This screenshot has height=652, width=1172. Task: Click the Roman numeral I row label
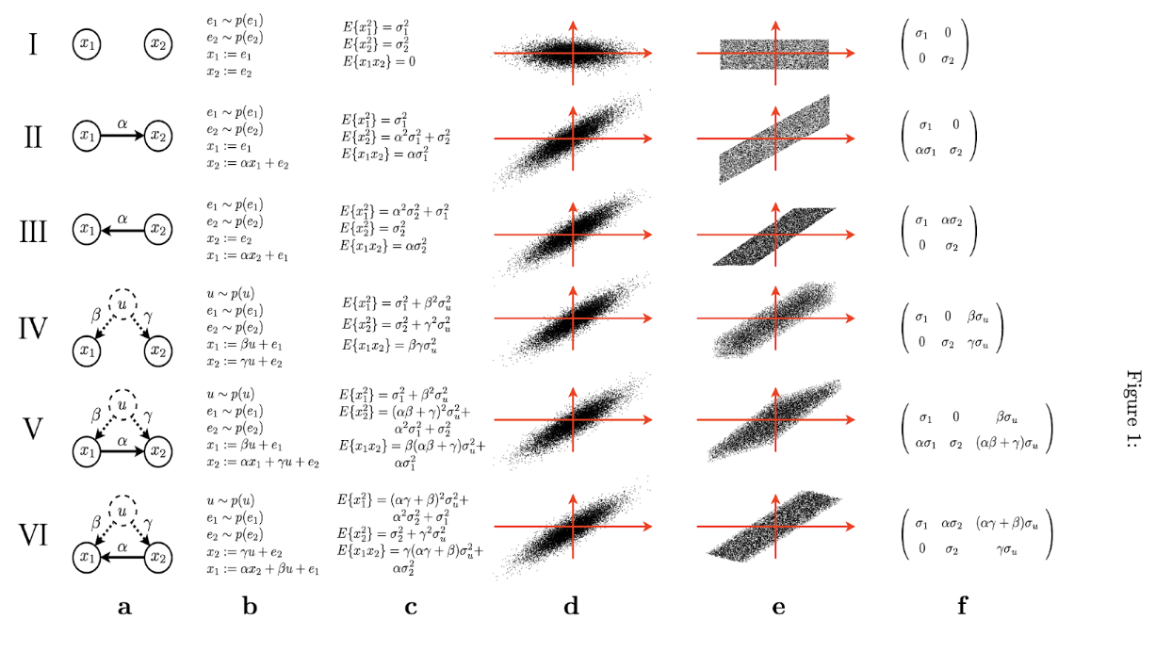pyautogui.click(x=33, y=43)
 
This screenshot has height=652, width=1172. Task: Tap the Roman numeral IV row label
pyautogui.click(x=33, y=330)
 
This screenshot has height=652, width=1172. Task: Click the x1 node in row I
pyautogui.click(x=87, y=43)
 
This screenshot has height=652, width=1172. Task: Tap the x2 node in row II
pyautogui.click(x=158, y=137)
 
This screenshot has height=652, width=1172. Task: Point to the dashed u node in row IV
pyautogui.click(x=123, y=303)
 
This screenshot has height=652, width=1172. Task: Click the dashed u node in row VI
pyautogui.click(x=123, y=510)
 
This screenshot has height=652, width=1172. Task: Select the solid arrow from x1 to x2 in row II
pyautogui.click(x=122, y=137)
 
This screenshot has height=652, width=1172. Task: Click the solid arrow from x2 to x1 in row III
pyautogui.click(x=122, y=228)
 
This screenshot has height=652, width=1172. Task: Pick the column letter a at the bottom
pyautogui.click(x=123, y=608)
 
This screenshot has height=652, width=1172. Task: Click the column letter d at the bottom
pyautogui.click(x=571, y=608)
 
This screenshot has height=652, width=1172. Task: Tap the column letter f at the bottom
pyautogui.click(x=962, y=608)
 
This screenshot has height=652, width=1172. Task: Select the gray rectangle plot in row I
pyautogui.click(x=773, y=54)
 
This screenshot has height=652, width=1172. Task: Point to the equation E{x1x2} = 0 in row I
pyautogui.click(x=380, y=61)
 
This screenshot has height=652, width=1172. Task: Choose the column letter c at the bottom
pyautogui.click(x=411, y=608)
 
